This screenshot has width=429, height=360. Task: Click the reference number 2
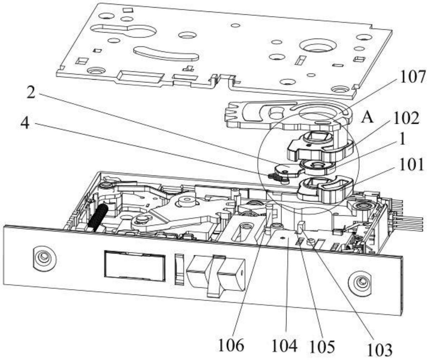pos(31,93)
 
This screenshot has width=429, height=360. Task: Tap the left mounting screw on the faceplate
pos(44,258)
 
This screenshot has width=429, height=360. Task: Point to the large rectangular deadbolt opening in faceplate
pos(135,265)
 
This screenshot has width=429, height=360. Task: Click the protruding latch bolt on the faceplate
pos(216,273)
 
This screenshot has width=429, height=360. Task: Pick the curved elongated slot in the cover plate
pos(166,54)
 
